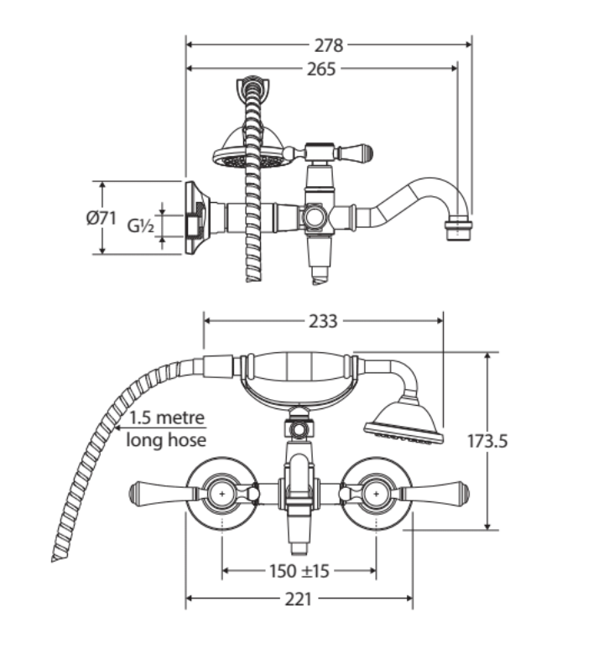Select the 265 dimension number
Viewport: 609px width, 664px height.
tap(321, 69)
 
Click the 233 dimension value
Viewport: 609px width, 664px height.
tap(323, 320)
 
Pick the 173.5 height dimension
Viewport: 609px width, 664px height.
tap(487, 440)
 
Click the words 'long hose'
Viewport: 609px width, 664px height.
tap(166, 439)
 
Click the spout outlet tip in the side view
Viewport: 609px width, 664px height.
tap(458, 228)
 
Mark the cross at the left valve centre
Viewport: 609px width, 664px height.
tap(222, 496)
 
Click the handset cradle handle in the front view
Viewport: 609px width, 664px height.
tap(298, 371)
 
